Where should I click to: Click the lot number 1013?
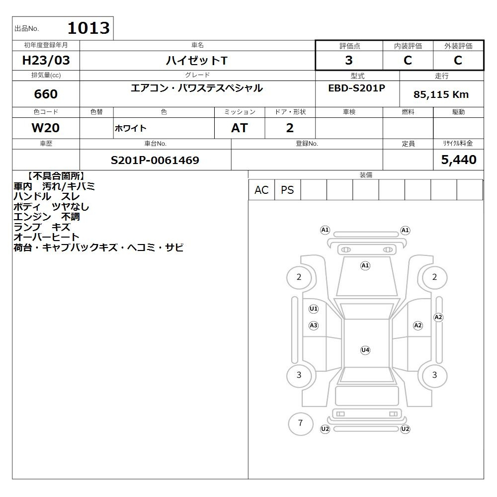pyautogui.click(x=89, y=28)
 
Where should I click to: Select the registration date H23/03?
pyautogui.click(x=46, y=60)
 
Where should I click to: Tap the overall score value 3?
pyautogui.click(x=349, y=60)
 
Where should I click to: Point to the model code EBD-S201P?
pyautogui.click(x=356, y=88)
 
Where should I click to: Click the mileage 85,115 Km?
pyautogui.click(x=441, y=94)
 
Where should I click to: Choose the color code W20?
pyautogui.click(x=46, y=128)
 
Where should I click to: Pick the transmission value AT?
pyautogui.click(x=240, y=128)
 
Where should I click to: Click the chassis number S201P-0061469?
pyautogui.click(x=155, y=160)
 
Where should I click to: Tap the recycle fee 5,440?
pyautogui.click(x=459, y=160)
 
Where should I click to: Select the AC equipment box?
pyautogui.click(x=261, y=190)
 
